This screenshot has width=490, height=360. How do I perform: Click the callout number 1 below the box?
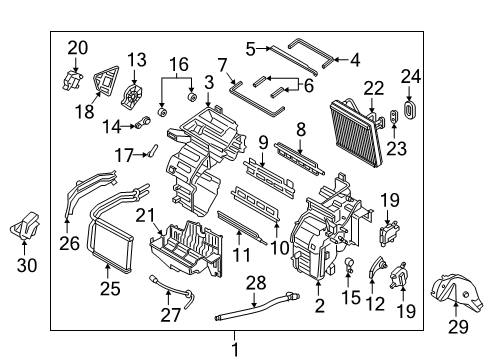click(x=235, y=349)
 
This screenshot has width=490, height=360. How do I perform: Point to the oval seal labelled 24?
click(x=410, y=107)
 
